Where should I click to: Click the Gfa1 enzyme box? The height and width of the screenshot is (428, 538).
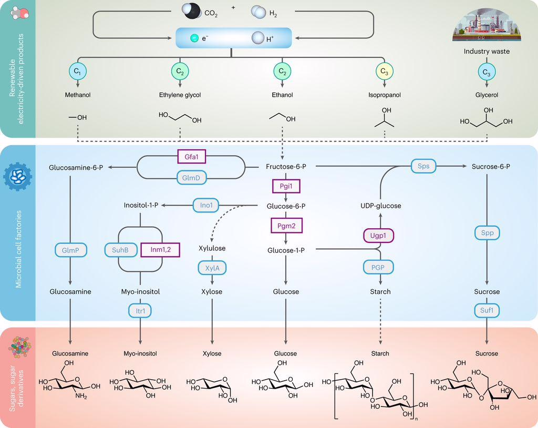[x=191, y=157]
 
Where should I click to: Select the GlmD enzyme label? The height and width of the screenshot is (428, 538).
[x=191, y=178]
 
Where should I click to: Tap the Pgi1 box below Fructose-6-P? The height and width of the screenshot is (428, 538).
[x=286, y=186]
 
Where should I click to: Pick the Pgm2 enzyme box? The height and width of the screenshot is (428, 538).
[x=286, y=226]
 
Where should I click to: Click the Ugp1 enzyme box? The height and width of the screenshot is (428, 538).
[x=378, y=236]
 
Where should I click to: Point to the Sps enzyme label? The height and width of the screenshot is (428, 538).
[x=423, y=166]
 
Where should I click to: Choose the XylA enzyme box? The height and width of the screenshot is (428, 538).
[x=212, y=268]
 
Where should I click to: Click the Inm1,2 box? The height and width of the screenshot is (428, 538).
[x=160, y=250]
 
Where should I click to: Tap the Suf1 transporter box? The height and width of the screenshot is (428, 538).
[x=487, y=311]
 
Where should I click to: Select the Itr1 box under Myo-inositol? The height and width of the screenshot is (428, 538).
[x=140, y=311]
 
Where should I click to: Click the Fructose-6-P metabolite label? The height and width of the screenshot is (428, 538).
[x=286, y=167]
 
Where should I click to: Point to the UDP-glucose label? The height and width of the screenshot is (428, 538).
[x=380, y=206]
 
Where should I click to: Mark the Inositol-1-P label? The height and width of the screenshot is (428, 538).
[x=141, y=205]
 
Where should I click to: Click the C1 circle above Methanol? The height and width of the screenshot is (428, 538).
[x=78, y=72]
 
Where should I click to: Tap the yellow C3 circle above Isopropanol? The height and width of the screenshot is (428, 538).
[x=384, y=72]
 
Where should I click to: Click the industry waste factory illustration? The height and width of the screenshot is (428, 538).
[x=487, y=25]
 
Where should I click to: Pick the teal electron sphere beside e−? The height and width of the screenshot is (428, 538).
[x=194, y=38]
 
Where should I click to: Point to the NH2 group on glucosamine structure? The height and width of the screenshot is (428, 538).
[x=81, y=396]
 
